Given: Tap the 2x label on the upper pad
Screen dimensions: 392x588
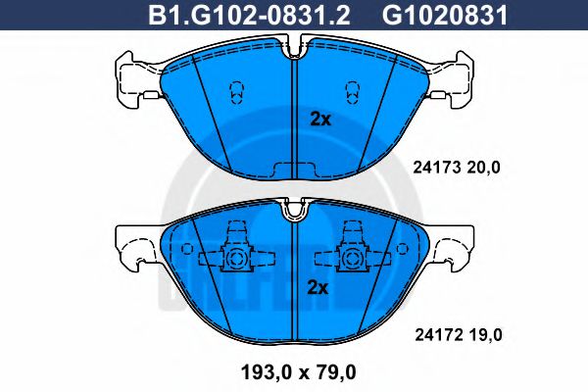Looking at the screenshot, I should point(318,120).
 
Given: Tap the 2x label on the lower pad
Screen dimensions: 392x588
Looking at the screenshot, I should point(318,288).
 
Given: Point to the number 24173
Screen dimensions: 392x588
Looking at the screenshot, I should point(428,168).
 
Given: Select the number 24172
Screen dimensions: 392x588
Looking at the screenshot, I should point(428,335).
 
